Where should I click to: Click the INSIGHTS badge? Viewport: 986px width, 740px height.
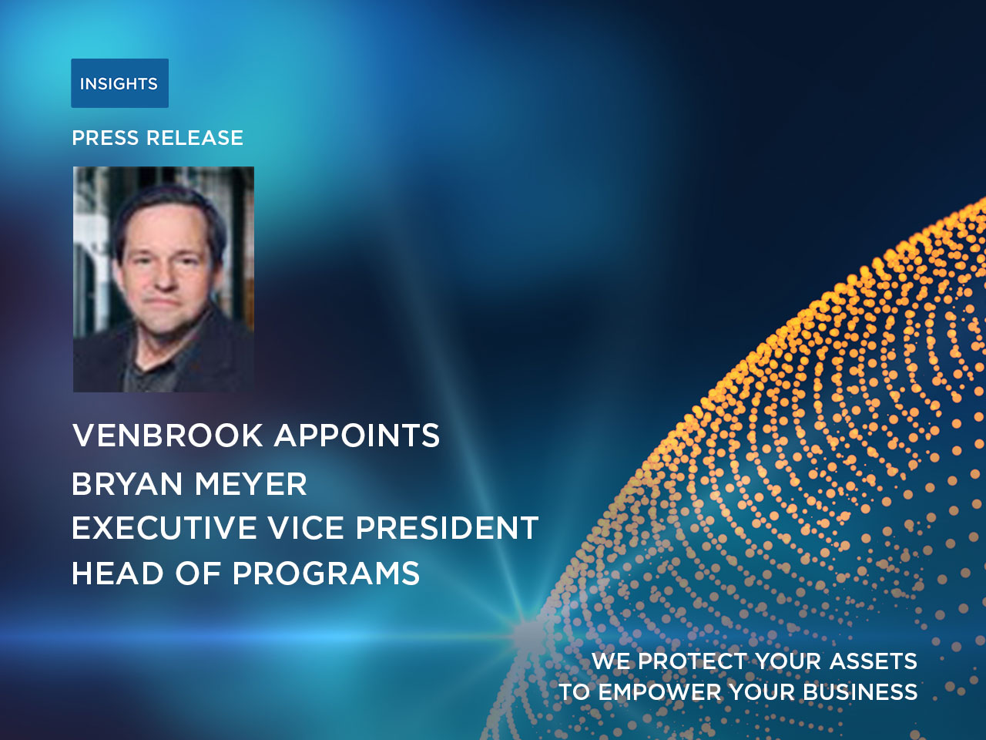[x=120, y=83]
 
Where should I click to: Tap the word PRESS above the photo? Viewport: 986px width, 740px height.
[x=106, y=138]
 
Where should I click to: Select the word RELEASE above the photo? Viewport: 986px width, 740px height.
[x=195, y=138]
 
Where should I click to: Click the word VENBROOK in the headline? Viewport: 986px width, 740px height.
[x=168, y=435]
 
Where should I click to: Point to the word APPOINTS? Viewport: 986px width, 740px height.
[x=357, y=435]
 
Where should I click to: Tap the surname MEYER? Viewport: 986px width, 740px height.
[x=250, y=484]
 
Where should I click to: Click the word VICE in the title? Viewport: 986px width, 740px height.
[x=306, y=527]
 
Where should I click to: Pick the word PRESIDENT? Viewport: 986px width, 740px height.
[x=447, y=527]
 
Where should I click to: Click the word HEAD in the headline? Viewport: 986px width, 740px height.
[x=118, y=573]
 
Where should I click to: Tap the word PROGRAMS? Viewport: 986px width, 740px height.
[x=326, y=573]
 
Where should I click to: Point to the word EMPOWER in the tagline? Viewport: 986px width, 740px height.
[x=659, y=692]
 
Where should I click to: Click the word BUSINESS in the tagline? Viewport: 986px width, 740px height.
[x=860, y=692]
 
